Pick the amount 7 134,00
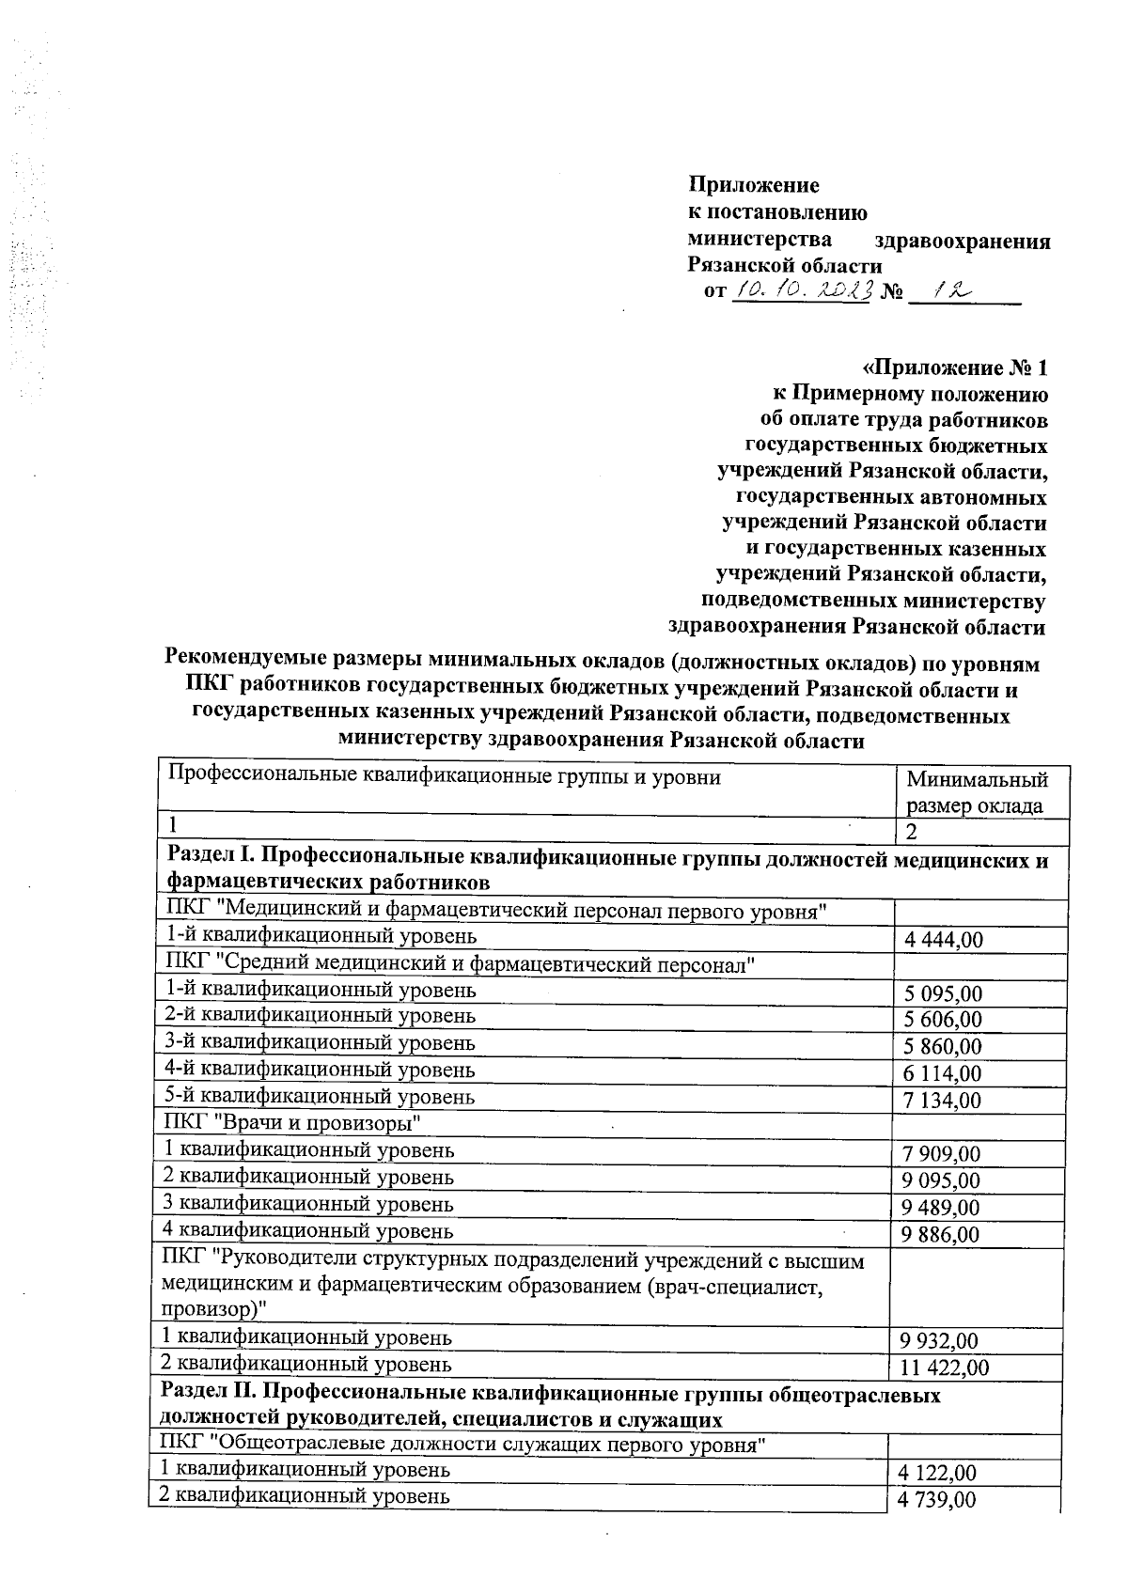(941, 1101)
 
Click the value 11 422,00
(944, 1367)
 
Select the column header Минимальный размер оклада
(977, 792)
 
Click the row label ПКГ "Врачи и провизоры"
(292, 1123)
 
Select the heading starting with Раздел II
(550, 1407)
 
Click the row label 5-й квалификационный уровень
(320, 1097)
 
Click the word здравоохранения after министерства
(962, 242)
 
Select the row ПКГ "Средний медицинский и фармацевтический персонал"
(461, 963)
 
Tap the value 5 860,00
(941, 1047)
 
